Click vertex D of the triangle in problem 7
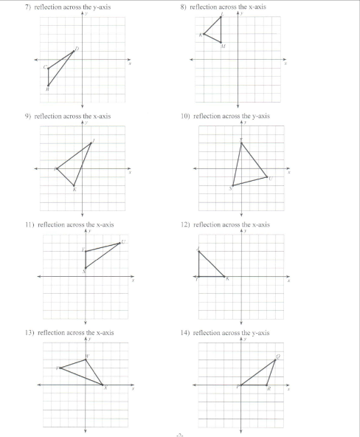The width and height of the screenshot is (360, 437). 74,51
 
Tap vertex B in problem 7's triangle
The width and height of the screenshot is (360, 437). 48,86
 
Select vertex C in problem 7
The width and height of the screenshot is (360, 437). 48,68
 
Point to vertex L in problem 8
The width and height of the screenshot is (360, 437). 221,17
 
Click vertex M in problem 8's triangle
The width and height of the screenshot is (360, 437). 221,42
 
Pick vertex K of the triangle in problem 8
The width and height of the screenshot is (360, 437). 204,34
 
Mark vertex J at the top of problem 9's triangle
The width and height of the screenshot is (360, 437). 91,142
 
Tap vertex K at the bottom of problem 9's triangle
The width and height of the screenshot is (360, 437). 74,185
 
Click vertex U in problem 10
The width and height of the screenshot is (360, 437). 267,177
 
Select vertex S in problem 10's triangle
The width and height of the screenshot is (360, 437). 232,185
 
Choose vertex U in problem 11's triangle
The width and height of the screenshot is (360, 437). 120,243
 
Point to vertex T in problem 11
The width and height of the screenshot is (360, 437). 86,251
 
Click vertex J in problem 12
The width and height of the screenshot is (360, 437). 198,251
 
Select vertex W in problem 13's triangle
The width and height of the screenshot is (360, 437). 86,359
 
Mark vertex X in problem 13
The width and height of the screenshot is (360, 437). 103,385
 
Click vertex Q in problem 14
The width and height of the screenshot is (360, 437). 274,359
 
